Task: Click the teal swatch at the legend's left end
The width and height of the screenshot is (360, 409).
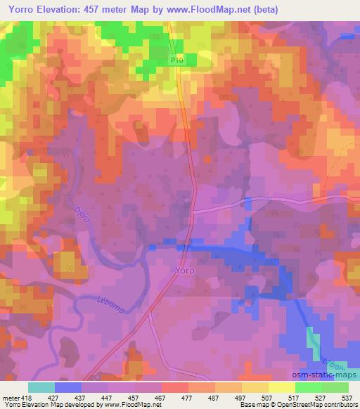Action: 41,387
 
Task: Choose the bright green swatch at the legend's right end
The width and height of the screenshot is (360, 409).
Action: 335,387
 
